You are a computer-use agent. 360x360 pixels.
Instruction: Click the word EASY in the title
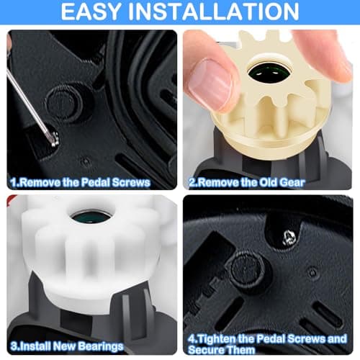[91, 12]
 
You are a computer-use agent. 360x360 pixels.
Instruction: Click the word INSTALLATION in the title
[214, 12]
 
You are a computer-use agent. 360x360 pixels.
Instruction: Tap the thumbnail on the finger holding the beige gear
[210, 84]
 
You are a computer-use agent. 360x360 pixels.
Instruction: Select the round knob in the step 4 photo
[247, 269]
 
